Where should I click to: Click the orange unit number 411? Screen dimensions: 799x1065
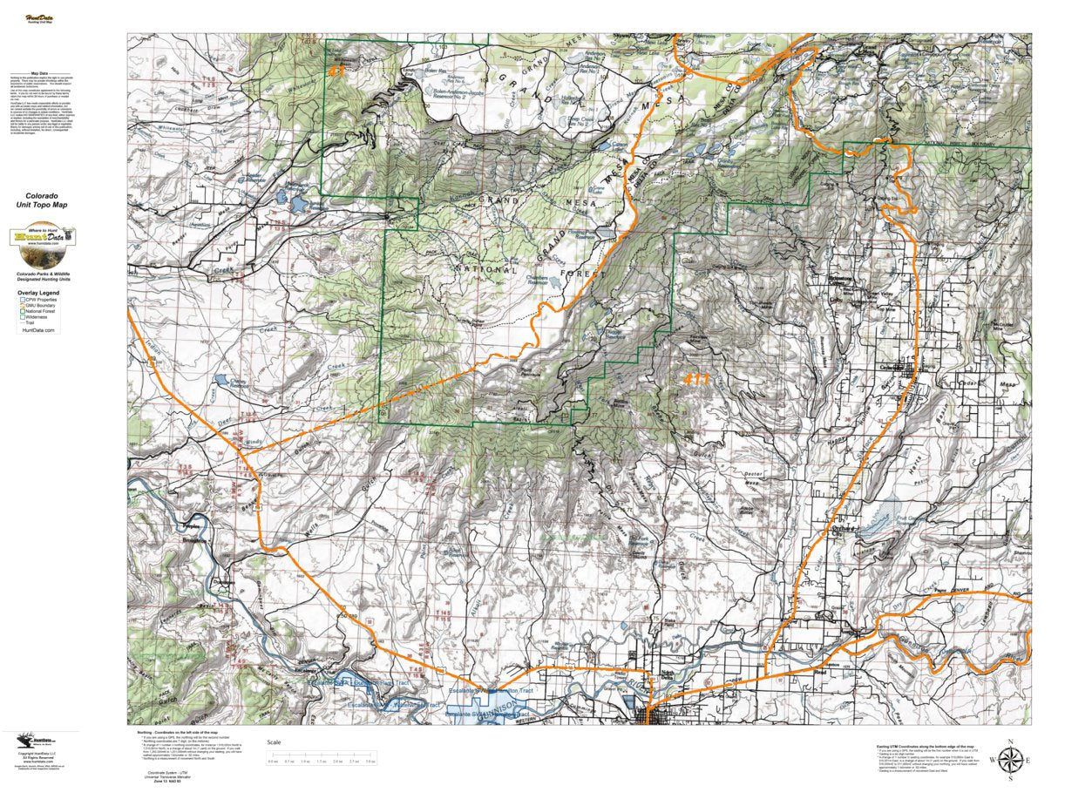pyautogui.click(x=696, y=379)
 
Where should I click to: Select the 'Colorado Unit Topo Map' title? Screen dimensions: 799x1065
pyautogui.click(x=46, y=200)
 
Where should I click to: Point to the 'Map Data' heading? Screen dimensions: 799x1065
pyautogui.click(x=39, y=74)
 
